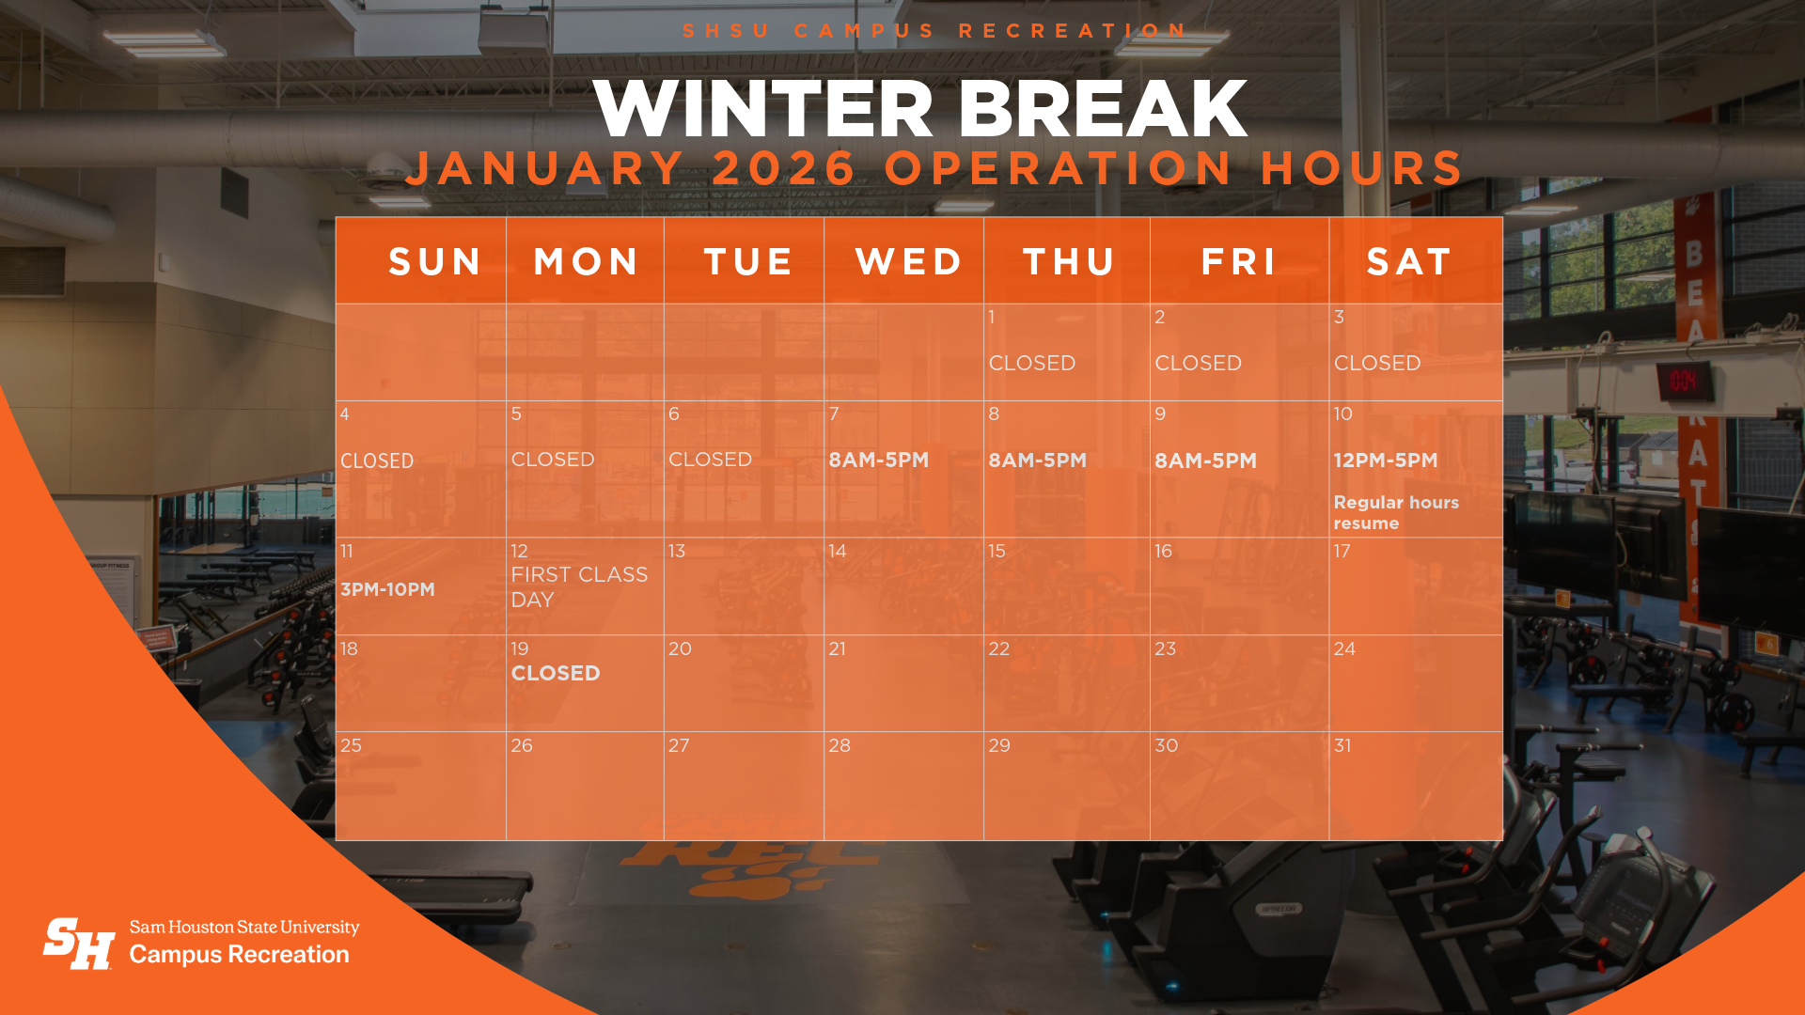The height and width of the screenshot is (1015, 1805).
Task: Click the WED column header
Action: (x=908, y=261)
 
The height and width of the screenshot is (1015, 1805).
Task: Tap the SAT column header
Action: (x=1409, y=261)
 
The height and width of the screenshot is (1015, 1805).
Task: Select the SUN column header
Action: (x=435, y=261)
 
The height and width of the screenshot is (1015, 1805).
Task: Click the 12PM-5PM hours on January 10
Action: (x=1385, y=461)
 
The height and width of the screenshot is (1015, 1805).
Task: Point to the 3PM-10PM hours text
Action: (x=387, y=589)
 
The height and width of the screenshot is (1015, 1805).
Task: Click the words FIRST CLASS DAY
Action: (x=578, y=586)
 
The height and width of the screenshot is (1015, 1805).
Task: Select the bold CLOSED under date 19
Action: (x=556, y=673)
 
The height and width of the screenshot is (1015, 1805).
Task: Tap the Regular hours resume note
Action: (x=1395, y=512)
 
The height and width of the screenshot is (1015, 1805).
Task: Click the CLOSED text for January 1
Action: (x=1031, y=363)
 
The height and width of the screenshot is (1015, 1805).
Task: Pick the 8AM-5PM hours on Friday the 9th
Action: (x=1205, y=461)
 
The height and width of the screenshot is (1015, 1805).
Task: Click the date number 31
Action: (x=1342, y=745)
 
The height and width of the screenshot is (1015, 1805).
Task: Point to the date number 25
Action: (x=351, y=745)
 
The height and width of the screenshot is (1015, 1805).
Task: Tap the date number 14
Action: (x=837, y=551)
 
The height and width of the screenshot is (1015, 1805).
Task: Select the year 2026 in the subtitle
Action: (x=783, y=168)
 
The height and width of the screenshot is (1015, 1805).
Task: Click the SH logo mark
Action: (x=79, y=944)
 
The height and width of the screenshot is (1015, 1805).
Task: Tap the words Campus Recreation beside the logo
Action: (x=239, y=954)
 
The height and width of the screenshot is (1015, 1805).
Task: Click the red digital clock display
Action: (x=1683, y=381)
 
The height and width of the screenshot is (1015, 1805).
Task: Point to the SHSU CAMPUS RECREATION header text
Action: (x=934, y=31)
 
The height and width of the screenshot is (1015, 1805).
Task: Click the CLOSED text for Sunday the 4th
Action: (x=377, y=461)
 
